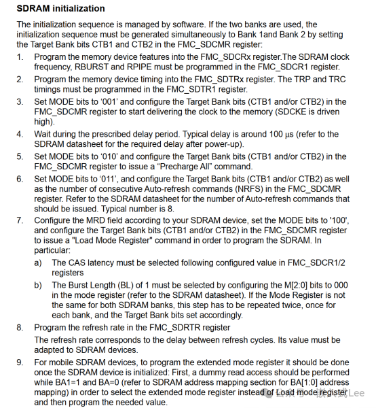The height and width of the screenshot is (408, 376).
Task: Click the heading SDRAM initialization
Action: click(x=60, y=9)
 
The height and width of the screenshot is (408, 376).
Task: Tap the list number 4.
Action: click(x=20, y=135)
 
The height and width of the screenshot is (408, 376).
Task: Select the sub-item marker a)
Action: click(x=39, y=262)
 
